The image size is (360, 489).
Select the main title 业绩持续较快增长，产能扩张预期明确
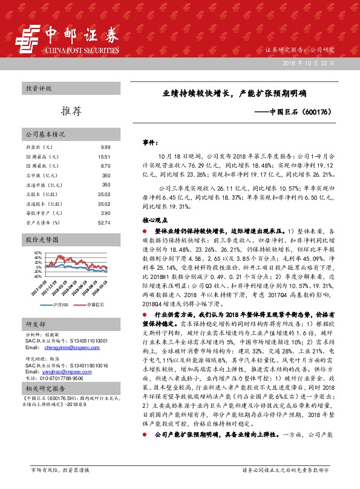(234, 94)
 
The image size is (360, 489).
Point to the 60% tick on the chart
(38, 252)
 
